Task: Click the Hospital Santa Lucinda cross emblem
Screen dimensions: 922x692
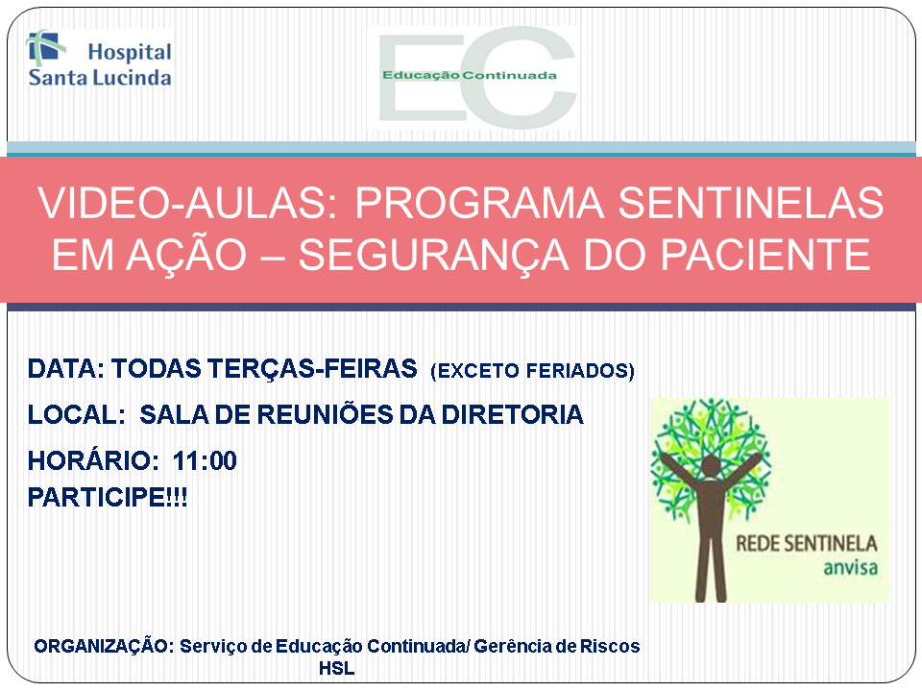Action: (x=45, y=46)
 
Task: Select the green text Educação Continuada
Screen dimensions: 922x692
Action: (x=470, y=75)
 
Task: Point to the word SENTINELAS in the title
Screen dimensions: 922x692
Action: (x=750, y=203)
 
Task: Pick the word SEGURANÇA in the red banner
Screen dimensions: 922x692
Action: (x=434, y=255)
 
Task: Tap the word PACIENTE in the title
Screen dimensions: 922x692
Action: (x=765, y=255)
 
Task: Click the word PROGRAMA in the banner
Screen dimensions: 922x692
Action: (x=479, y=203)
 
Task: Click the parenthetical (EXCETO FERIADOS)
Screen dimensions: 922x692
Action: (x=533, y=371)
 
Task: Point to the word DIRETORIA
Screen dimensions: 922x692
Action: (x=512, y=415)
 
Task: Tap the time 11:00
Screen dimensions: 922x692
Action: (x=205, y=460)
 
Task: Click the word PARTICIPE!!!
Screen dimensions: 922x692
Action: (x=108, y=497)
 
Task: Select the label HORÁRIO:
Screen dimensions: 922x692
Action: (x=93, y=460)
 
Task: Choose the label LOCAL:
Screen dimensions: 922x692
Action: (x=77, y=415)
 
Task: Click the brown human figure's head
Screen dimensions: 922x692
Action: (x=711, y=465)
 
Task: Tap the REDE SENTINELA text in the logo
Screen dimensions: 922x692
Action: (x=806, y=543)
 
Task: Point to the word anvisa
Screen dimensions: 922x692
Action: (x=850, y=568)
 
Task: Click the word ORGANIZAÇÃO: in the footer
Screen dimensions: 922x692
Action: (x=104, y=646)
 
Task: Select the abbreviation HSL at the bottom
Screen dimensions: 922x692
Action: (x=336, y=669)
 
